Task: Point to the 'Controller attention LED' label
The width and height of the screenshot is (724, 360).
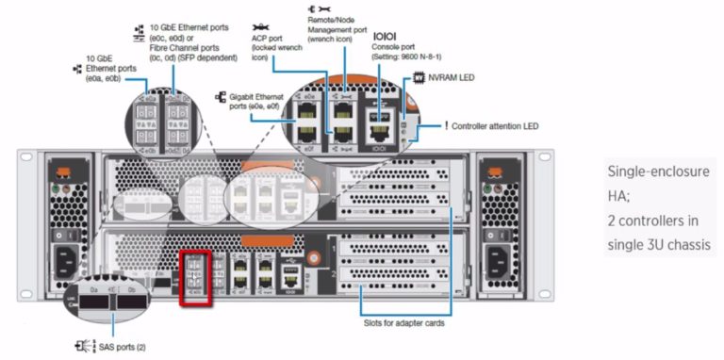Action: pos(495,125)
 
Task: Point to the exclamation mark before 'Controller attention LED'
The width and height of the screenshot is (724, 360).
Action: pos(446,125)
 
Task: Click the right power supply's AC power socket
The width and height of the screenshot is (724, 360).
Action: pos(499,259)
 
